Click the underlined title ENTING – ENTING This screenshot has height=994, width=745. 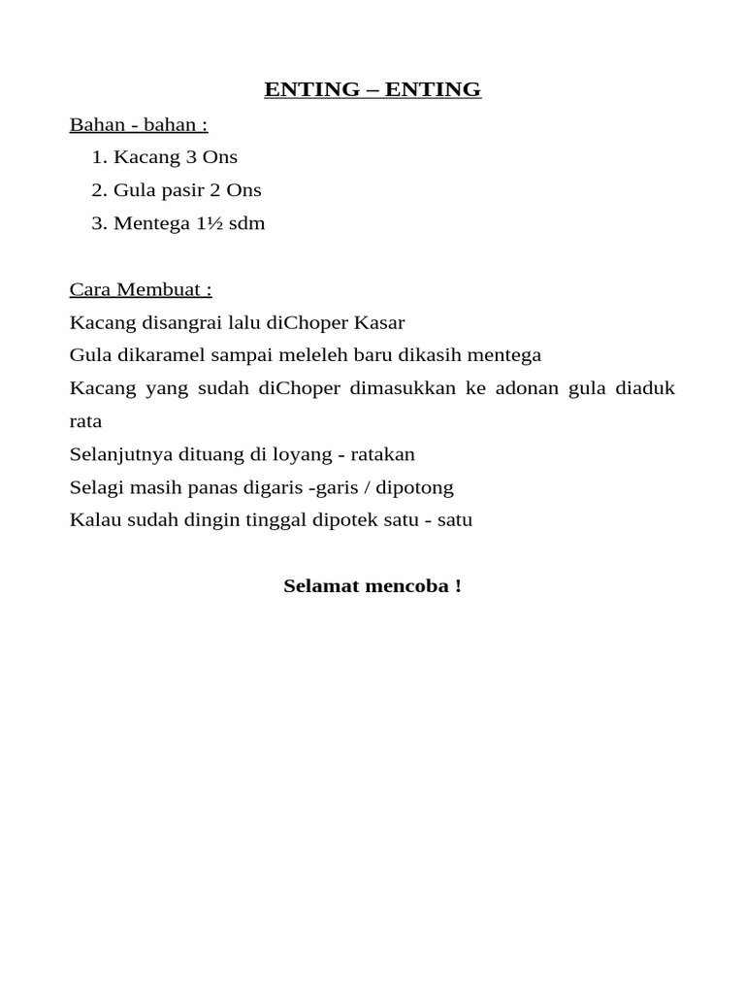[372, 90]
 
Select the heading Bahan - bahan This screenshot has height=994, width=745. [139, 125]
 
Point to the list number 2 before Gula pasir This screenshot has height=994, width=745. [98, 190]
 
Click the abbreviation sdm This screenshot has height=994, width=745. [246, 223]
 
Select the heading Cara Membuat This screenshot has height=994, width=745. [141, 289]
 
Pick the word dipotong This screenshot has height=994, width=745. [412, 487]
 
